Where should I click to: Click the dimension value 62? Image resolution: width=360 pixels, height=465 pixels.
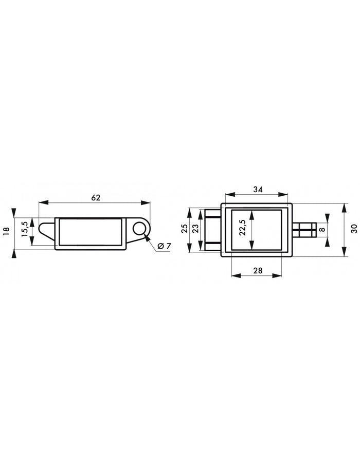96,197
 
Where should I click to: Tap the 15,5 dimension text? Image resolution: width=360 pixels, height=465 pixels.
25,229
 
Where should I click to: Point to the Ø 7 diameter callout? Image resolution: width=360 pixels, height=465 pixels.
164,246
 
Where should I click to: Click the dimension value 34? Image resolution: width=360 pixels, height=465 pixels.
258,190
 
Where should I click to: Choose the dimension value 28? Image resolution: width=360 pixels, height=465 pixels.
258,270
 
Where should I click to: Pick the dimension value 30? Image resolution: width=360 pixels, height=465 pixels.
354,229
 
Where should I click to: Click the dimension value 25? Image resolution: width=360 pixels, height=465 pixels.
184,229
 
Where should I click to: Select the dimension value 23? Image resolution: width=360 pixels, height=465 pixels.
195,229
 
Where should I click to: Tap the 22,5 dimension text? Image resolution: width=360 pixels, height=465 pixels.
242,228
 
